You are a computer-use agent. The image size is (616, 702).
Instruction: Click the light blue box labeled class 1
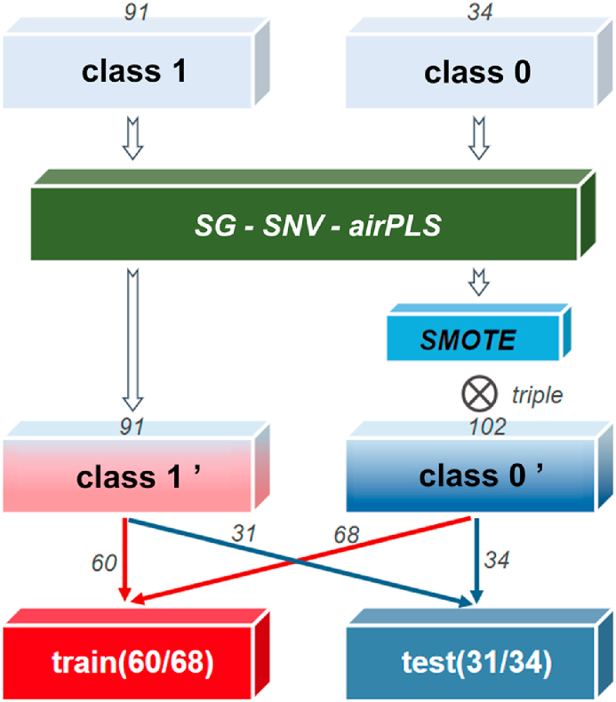[x=133, y=72]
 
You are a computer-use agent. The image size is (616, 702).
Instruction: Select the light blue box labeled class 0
[x=477, y=72]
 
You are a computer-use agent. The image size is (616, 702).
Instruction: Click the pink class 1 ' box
[x=133, y=478]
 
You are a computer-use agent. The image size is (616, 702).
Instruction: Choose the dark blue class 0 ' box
[x=477, y=478]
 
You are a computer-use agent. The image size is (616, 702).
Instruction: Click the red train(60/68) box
[x=133, y=662]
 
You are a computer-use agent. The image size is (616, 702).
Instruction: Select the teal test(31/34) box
[x=477, y=662]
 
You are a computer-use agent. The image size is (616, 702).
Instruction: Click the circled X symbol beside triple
[x=476, y=392]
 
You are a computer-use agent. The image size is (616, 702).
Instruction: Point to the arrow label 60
[x=105, y=562]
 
